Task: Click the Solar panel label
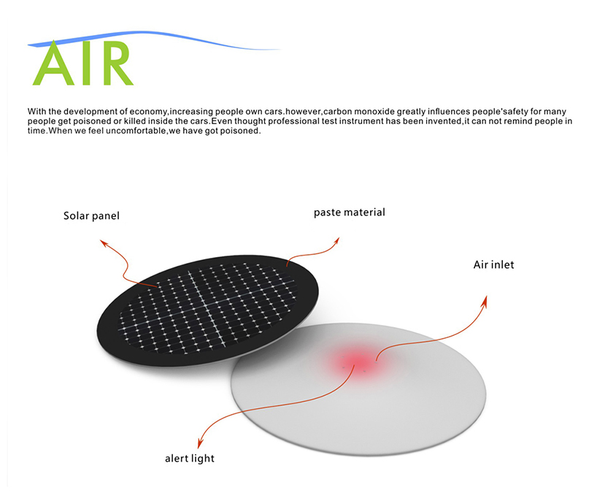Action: click(90, 216)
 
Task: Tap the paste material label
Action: click(349, 212)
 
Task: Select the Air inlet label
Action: click(493, 264)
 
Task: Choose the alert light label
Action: click(189, 459)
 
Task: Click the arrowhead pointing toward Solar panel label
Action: click(104, 242)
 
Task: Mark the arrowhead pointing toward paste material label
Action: click(336, 239)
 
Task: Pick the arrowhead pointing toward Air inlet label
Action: click(485, 299)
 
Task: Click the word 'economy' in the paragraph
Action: click(147, 112)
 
